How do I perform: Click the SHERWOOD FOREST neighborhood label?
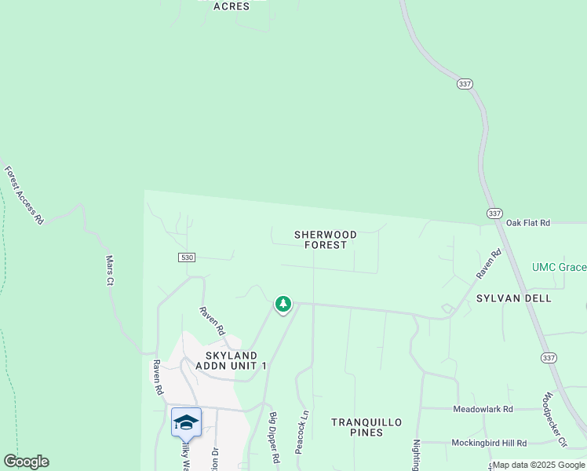[326, 239]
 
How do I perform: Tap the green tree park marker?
[283, 304]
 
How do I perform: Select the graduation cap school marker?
[186, 422]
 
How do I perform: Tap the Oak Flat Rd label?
[529, 223]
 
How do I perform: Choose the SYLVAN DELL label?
[514, 298]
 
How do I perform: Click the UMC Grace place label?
[559, 268]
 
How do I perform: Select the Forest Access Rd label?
[24, 195]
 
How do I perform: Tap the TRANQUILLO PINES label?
[366, 427]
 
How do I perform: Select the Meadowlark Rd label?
[483, 409]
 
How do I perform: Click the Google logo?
[27, 462]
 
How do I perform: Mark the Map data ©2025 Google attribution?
[538, 465]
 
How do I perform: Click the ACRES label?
[231, 6]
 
